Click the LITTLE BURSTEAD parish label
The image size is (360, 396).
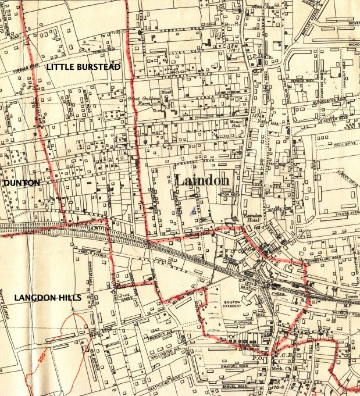pos(83,67)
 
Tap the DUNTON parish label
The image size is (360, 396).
pos(22,183)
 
